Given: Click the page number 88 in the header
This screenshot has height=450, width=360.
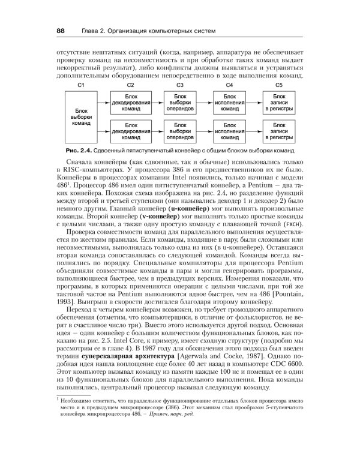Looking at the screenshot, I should click(x=61, y=30).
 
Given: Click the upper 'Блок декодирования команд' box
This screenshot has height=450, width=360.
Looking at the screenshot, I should click(x=131, y=103).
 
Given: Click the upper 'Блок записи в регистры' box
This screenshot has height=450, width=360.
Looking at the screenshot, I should click(x=279, y=103).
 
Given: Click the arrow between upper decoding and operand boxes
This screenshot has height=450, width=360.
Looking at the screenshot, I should click(x=155, y=103).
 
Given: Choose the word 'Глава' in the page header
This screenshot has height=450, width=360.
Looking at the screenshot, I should click(x=85, y=30).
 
